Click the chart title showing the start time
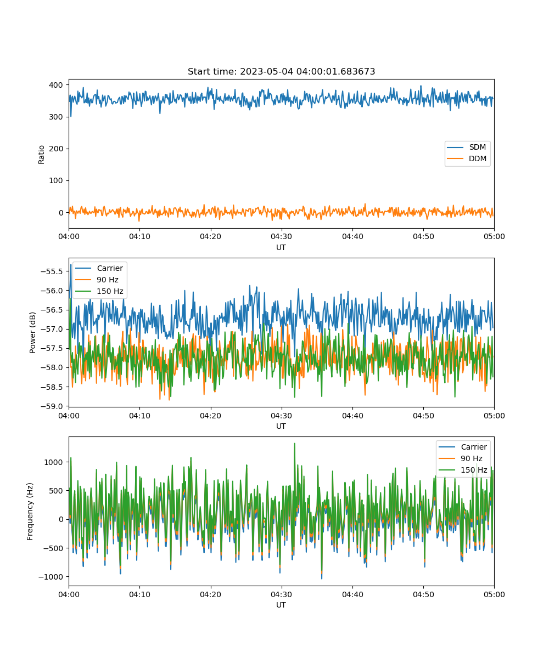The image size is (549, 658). pos(281,71)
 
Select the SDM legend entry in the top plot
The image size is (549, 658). pos(466,147)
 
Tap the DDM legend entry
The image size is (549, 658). pos(466,158)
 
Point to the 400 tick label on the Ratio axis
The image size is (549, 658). pos(56,85)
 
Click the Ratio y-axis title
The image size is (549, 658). pos(41,155)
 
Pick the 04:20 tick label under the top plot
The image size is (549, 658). pos(210,236)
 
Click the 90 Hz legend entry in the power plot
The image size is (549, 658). pos(97,280)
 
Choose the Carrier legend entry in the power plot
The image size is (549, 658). pos(99,268)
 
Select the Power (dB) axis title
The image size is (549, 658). pos(32,332)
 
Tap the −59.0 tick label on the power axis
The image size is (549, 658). pos(52,406)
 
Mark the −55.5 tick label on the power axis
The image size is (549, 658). pos(52,271)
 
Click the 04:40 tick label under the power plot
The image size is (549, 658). pos(352,416)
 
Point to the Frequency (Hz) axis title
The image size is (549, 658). pos(30,512)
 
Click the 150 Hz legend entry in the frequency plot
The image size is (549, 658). pos(463,470)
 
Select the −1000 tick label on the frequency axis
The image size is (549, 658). pos(51,577)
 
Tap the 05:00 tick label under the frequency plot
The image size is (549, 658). pos(494,594)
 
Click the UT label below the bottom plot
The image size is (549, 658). pos(281,605)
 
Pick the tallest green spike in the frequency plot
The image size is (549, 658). pos(295,444)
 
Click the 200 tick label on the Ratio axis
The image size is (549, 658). pos(56,149)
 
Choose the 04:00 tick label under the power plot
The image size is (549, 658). pos(69,416)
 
